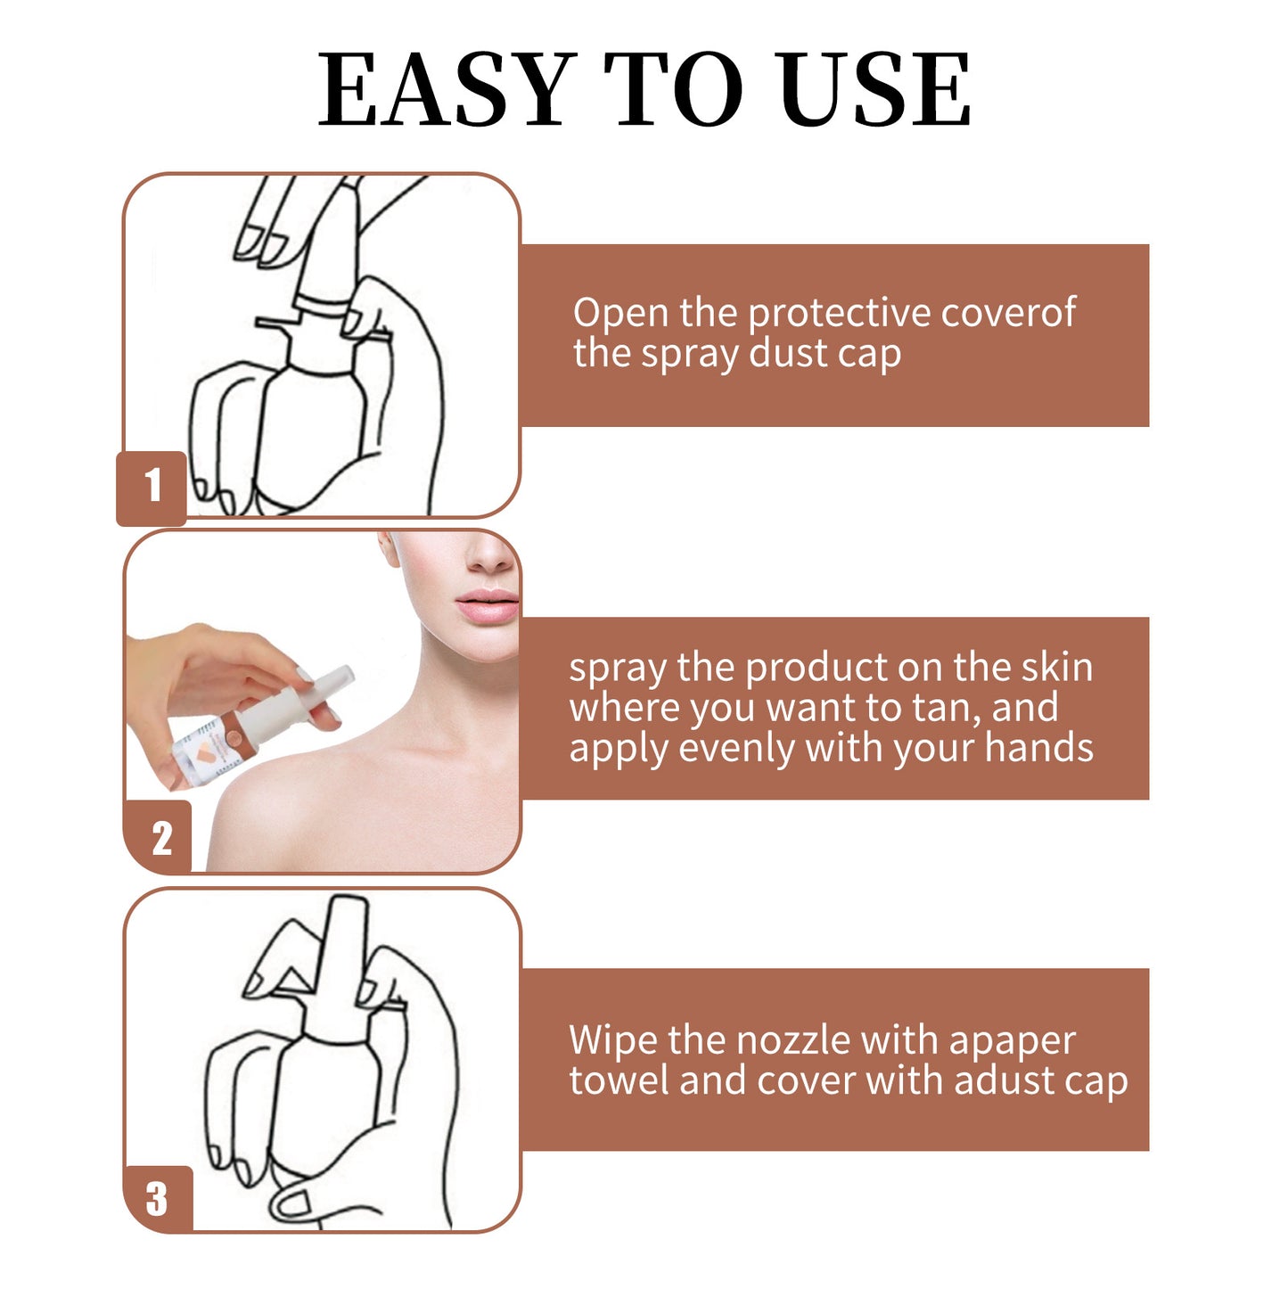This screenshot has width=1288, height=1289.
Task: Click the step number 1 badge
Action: coord(152,487)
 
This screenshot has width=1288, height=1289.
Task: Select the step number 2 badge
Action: coord(160,838)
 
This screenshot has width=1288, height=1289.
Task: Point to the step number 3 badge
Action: coord(158,1198)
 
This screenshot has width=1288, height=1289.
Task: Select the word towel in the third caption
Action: coord(619,1081)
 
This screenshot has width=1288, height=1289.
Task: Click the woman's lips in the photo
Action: coord(488,606)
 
